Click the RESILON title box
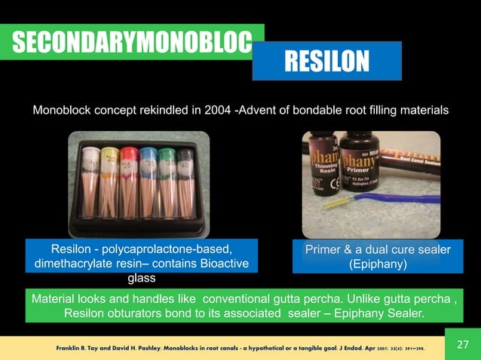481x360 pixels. tap(326, 60)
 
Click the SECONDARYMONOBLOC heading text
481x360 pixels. tap(131, 42)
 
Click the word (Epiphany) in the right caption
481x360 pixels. tap(378, 264)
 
